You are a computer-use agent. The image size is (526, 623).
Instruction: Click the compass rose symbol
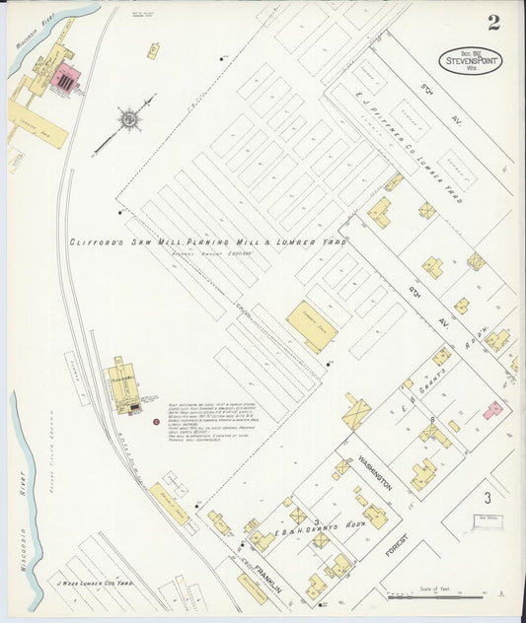(x=127, y=120)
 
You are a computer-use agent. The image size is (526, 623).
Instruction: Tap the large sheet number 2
(x=492, y=22)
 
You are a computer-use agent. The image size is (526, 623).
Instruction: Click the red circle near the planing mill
(x=156, y=422)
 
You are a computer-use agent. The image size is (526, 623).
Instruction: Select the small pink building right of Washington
(x=492, y=409)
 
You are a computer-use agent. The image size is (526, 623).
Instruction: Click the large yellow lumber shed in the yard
(x=312, y=326)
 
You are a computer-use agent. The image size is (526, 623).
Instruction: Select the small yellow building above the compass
(x=153, y=49)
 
